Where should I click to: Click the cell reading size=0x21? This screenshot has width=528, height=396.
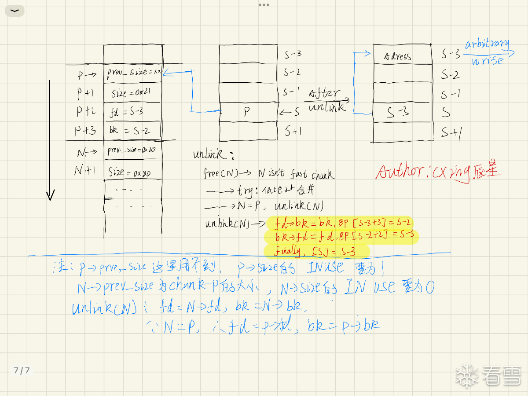click(x=132, y=93)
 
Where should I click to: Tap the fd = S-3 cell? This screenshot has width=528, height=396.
click(x=132, y=112)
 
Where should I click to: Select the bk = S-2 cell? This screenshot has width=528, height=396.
click(x=132, y=131)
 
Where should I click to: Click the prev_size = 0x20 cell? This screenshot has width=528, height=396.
click(x=132, y=150)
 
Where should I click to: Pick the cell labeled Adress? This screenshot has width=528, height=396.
click(x=402, y=56)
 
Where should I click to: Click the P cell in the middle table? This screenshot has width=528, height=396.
click(x=248, y=112)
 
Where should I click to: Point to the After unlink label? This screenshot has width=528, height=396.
click(x=326, y=100)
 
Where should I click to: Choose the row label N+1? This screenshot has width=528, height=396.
click(x=84, y=171)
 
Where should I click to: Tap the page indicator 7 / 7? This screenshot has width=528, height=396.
click(x=22, y=370)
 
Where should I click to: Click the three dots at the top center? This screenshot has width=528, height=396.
click(x=264, y=5)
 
